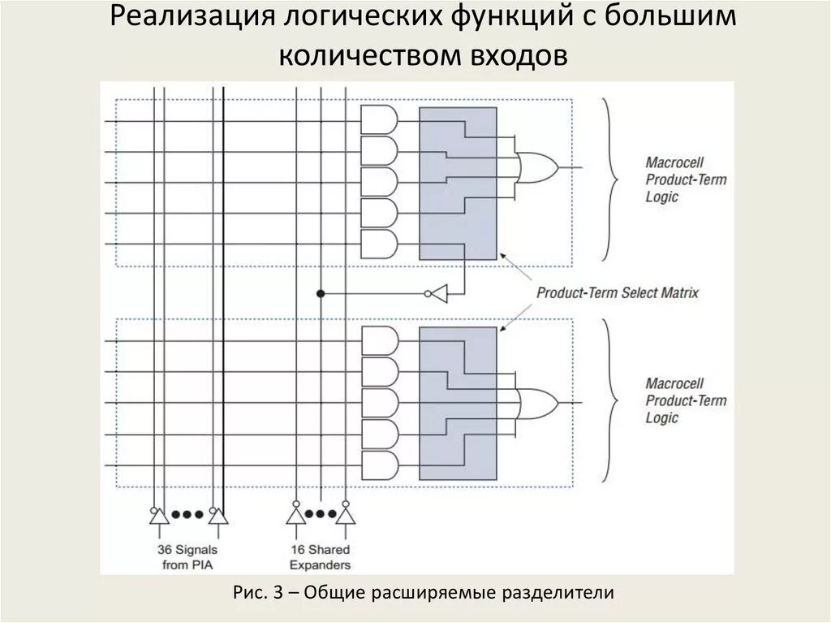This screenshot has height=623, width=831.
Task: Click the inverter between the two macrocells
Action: [437, 292]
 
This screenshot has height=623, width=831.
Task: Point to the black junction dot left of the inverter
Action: [321, 292]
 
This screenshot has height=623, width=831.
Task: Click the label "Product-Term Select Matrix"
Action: [617, 292]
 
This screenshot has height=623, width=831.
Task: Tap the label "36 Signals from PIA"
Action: [187, 557]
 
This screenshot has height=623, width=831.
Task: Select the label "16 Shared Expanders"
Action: [321, 557]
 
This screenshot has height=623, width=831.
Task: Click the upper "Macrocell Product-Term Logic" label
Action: [686, 179]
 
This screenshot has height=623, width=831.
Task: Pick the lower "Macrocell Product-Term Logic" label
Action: [686, 400]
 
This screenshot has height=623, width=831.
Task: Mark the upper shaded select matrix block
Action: [458, 184]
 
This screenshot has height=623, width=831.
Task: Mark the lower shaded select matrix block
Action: [458, 403]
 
